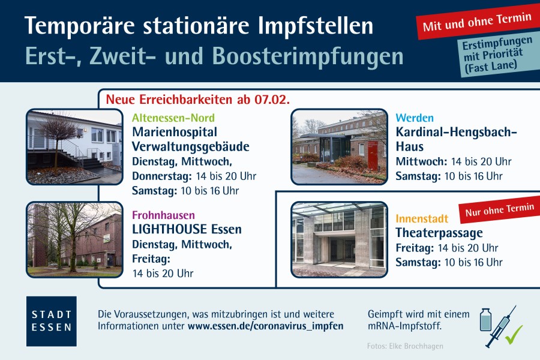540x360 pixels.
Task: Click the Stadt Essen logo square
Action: [52, 321]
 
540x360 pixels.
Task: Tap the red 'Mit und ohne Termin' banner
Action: [477, 22]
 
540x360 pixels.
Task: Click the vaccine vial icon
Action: [485, 320]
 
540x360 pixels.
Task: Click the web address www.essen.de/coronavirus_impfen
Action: [266, 326]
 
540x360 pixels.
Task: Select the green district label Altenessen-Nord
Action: [173, 118]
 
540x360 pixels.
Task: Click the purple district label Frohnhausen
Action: [164, 215]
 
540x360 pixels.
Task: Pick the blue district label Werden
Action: [415, 118]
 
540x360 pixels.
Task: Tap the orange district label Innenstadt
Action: [422, 218]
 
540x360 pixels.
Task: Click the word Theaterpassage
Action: [439, 233]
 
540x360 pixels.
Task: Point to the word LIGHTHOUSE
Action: [169, 229]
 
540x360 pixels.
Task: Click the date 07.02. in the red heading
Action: [272, 100]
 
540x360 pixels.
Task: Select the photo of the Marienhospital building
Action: [74, 147]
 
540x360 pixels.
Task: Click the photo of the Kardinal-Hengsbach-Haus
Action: [339, 147]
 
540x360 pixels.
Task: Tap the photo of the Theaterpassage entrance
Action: [339, 240]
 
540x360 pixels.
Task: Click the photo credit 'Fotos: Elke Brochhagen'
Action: [405, 346]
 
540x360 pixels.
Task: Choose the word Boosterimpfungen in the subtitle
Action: [307, 56]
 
